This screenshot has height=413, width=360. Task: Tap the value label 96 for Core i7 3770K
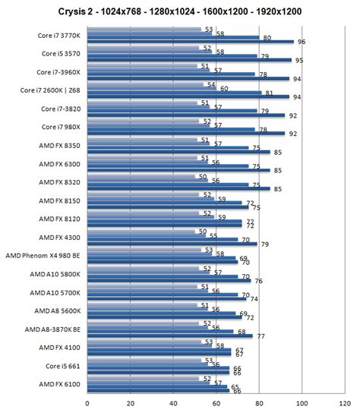(301, 42)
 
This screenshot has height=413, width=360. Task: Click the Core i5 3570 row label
(59, 54)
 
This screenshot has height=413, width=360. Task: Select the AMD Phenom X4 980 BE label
(44, 256)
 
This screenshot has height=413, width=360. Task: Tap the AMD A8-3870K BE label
(49, 329)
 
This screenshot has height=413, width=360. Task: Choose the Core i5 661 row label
(62, 366)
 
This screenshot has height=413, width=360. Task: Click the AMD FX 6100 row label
(58, 384)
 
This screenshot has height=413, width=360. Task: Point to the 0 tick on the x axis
(87, 403)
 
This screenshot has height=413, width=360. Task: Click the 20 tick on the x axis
(130, 403)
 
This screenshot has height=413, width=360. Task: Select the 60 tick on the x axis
(216, 403)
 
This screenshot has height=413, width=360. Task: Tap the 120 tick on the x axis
(345, 403)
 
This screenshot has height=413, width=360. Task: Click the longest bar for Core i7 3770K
(190, 42)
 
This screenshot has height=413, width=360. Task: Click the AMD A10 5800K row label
(55, 274)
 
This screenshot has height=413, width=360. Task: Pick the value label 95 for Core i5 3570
(298, 60)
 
